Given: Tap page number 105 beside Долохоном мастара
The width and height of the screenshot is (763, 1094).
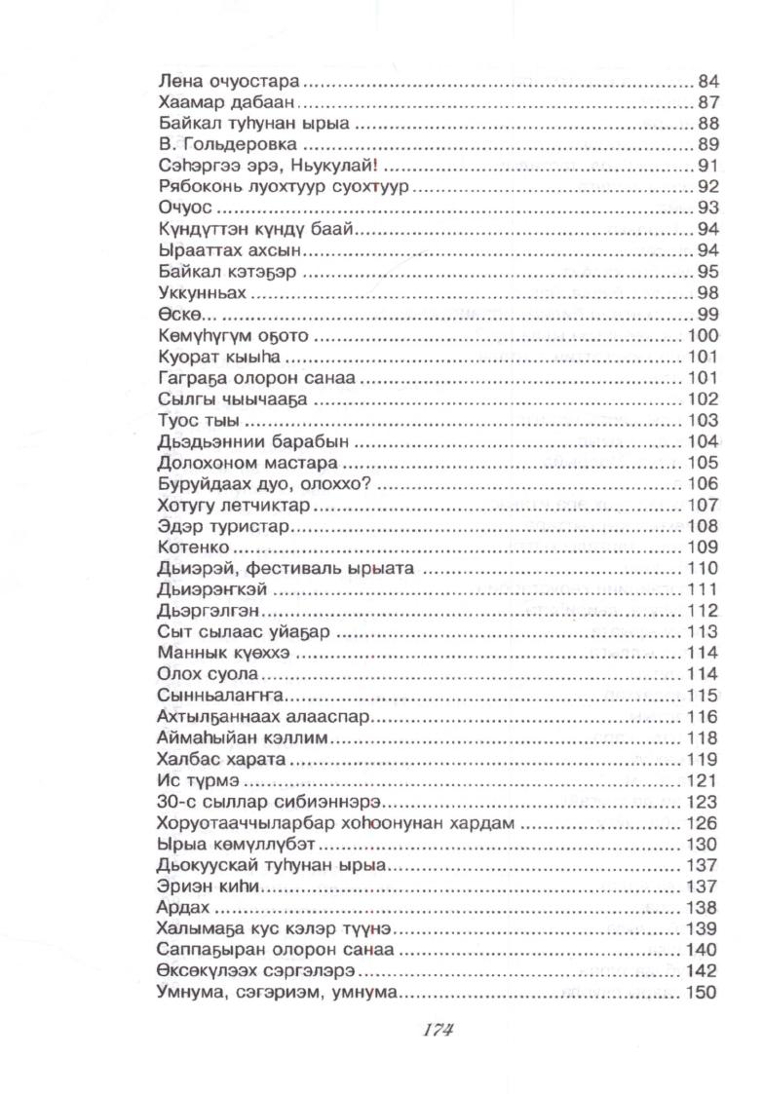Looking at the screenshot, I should pos(704,464).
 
